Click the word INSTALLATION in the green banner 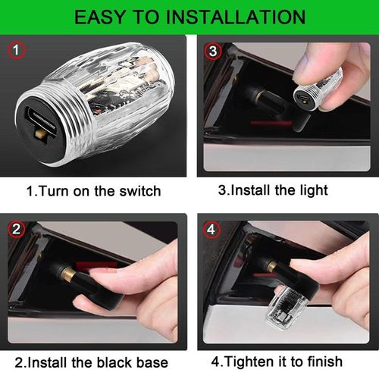(236, 17)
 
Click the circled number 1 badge (16, 50)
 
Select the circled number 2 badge (17, 230)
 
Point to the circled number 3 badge (213, 51)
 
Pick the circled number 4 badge (211, 230)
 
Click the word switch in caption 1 (140, 191)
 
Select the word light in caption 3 (314, 191)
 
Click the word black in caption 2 (114, 362)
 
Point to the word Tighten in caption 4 (249, 362)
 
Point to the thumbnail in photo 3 (305, 65)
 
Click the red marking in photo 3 (271, 123)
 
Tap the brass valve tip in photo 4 (271, 266)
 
